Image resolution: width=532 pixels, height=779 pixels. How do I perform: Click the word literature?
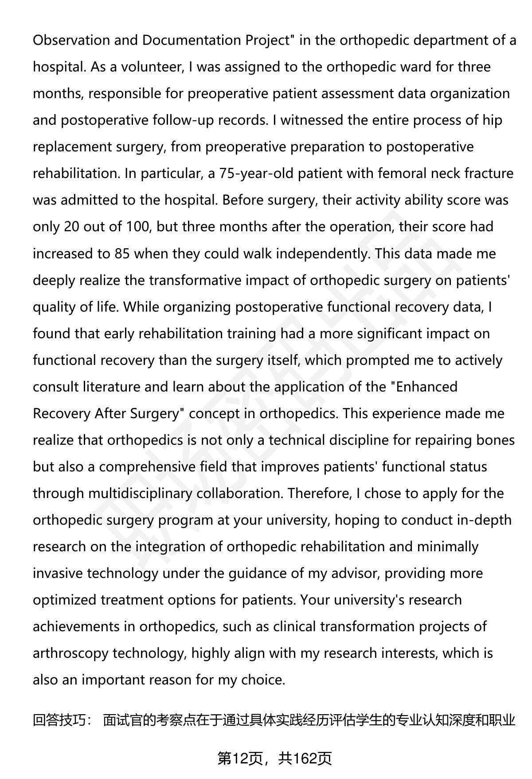(112, 387)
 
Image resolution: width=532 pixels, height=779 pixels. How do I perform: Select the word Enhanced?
(426, 387)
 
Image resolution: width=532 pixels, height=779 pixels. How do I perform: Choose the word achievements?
(84, 626)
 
